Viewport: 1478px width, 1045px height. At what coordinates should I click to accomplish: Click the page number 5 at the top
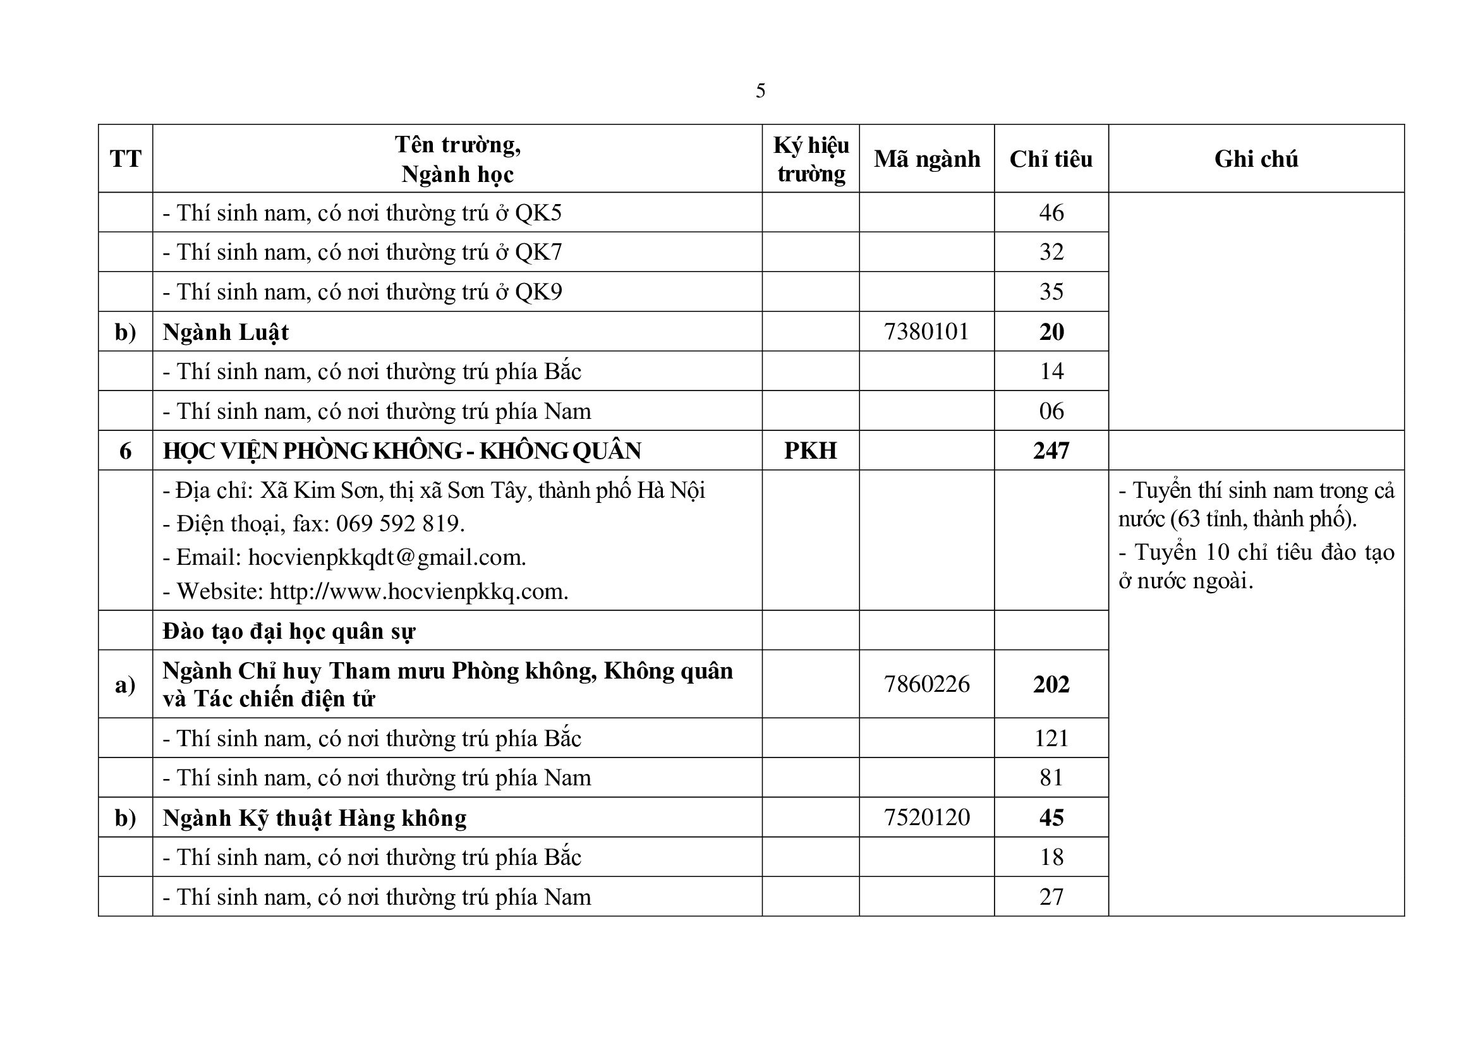pos(760,91)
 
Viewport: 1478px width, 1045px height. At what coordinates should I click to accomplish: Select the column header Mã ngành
pos(926,159)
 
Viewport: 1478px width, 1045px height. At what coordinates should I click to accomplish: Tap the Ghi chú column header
pos(1256,159)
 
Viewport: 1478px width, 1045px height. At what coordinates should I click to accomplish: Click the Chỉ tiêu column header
pos(1051,159)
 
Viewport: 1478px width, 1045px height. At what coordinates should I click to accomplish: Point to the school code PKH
pos(811,450)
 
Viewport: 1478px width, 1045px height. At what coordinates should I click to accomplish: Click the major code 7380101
pos(926,332)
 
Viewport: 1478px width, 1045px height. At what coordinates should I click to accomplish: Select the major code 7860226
pos(926,684)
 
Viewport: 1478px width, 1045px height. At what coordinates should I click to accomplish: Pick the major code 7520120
pos(926,817)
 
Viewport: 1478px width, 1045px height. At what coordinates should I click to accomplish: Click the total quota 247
pos(1051,450)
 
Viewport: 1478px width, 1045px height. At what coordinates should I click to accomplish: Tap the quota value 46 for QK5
pos(1051,212)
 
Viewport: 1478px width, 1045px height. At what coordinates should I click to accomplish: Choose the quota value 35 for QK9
pos(1051,291)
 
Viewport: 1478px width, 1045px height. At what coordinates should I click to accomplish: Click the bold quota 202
pos(1051,684)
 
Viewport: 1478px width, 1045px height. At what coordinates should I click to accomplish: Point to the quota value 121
pos(1051,738)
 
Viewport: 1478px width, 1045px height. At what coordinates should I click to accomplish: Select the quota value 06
pos(1051,411)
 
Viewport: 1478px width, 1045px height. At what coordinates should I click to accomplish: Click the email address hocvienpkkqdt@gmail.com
pos(386,557)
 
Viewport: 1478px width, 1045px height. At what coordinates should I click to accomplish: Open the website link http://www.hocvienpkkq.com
pos(418,591)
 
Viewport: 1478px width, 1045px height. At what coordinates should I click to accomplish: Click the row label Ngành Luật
pos(226,332)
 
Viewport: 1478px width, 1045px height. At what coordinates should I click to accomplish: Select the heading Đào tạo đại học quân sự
pos(288,631)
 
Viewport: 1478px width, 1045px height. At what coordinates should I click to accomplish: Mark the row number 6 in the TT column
pos(126,450)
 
